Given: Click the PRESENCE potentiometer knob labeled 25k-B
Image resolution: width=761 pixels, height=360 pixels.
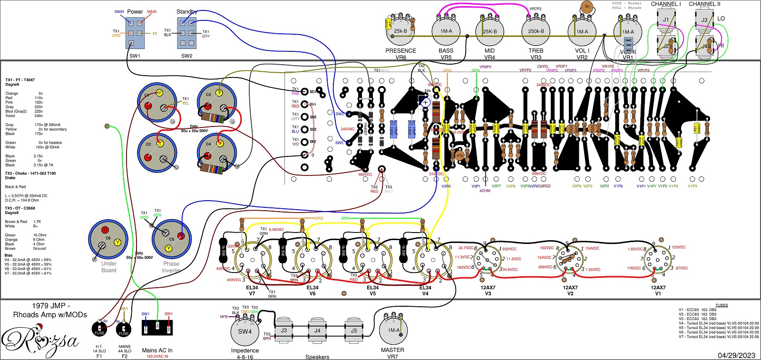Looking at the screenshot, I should pyautogui.click(x=400, y=30).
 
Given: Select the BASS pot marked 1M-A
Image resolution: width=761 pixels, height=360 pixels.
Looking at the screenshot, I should pyautogui.click(x=446, y=30).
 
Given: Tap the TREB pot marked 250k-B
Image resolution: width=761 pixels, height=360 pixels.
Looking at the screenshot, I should pyautogui.click(x=536, y=30).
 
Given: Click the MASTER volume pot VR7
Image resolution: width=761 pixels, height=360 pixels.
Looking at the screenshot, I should pyautogui.click(x=393, y=330).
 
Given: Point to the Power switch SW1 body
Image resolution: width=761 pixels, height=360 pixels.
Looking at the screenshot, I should pyautogui.click(x=135, y=33).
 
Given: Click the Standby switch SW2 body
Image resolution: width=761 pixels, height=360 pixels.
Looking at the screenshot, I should pyautogui.click(x=186, y=33).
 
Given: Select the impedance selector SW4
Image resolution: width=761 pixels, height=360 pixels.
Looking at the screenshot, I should pyautogui.click(x=244, y=331).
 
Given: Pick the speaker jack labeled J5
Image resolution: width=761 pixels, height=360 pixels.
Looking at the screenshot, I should pyautogui.click(x=353, y=331).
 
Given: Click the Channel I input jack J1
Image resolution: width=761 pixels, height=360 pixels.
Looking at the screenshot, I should pyautogui.click(x=666, y=20).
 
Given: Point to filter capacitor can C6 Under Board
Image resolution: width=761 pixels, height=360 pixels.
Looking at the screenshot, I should pyautogui.click(x=108, y=240).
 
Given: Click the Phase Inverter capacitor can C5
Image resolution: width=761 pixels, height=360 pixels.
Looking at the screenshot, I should pyautogui.click(x=171, y=239).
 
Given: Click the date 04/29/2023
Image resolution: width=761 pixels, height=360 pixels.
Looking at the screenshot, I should pyautogui.click(x=736, y=355).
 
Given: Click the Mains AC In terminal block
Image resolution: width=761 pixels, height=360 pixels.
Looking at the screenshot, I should pyautogui.click(x=157, y=328).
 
